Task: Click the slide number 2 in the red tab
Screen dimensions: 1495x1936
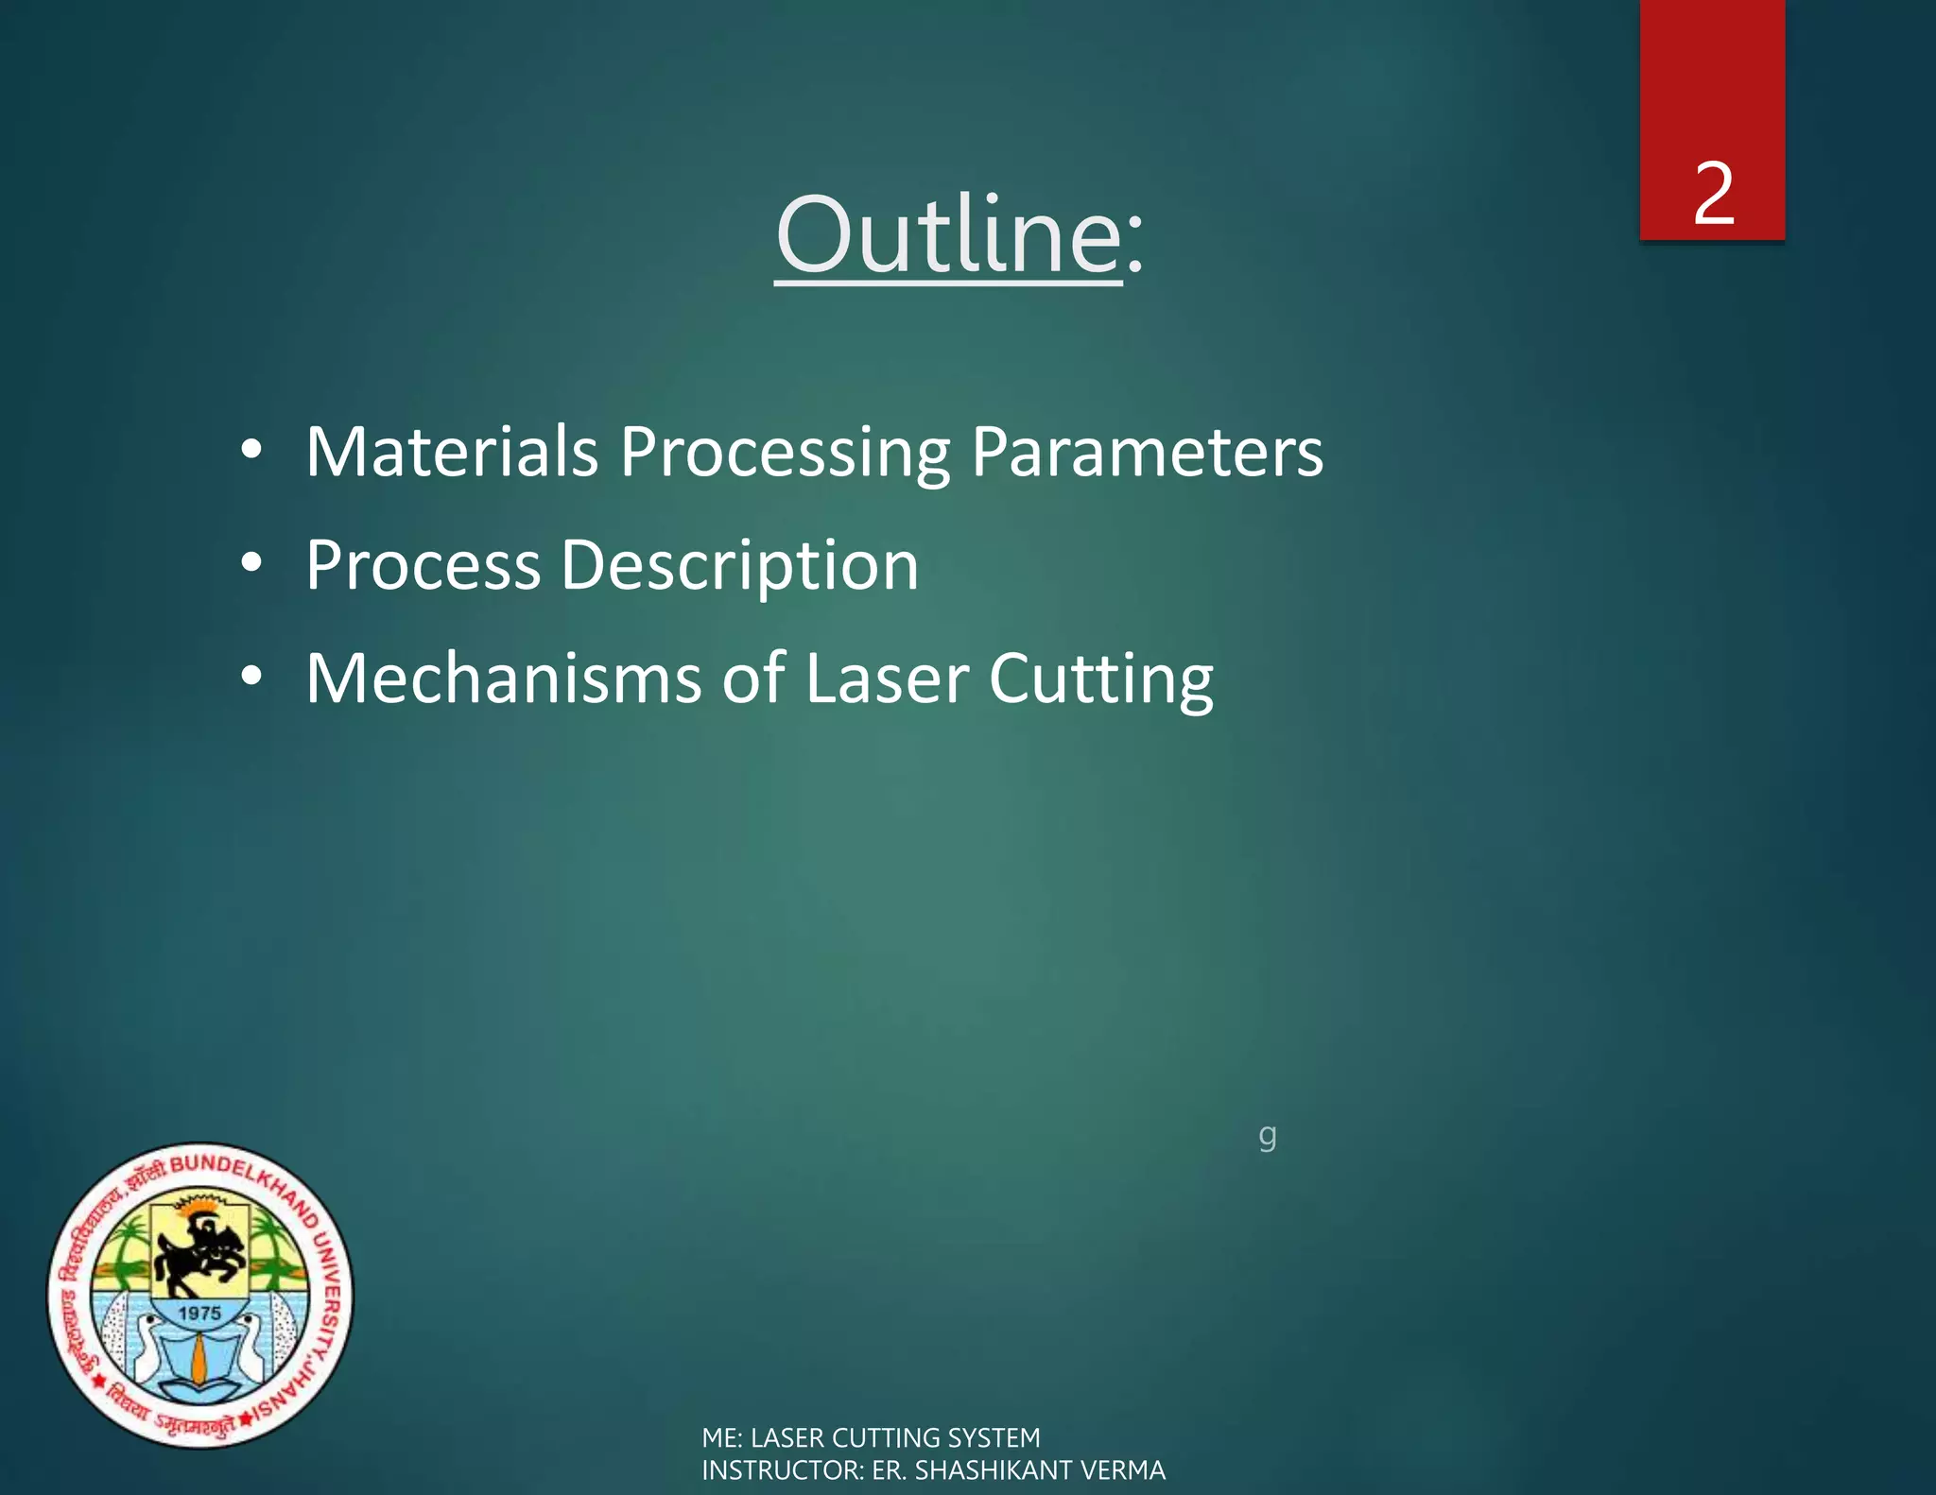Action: (x=1713, y=194)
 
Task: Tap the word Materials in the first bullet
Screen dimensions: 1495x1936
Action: (x=452, y=452)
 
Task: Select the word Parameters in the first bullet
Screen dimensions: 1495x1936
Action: (x=1147, y=452)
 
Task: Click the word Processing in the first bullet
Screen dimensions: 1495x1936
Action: (x=785, y=454)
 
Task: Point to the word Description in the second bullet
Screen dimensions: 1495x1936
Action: (x=739, y=566)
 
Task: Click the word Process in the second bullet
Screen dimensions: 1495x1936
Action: (x=423, y=565)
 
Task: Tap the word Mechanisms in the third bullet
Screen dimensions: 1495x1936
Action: (x=504, y=679)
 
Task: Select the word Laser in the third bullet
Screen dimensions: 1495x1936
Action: (x=887, y=679)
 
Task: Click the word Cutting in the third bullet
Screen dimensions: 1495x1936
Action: (x=1100, y=680)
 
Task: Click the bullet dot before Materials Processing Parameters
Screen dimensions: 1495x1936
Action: (x=251, y=451)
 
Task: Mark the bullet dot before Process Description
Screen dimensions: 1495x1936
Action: (x=251, y=563)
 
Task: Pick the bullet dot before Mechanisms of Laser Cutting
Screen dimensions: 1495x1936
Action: (x=251, y=677)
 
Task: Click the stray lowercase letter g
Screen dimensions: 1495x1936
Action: (x=1267, y=1135)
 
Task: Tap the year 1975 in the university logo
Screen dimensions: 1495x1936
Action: (x=199, y=1314)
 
